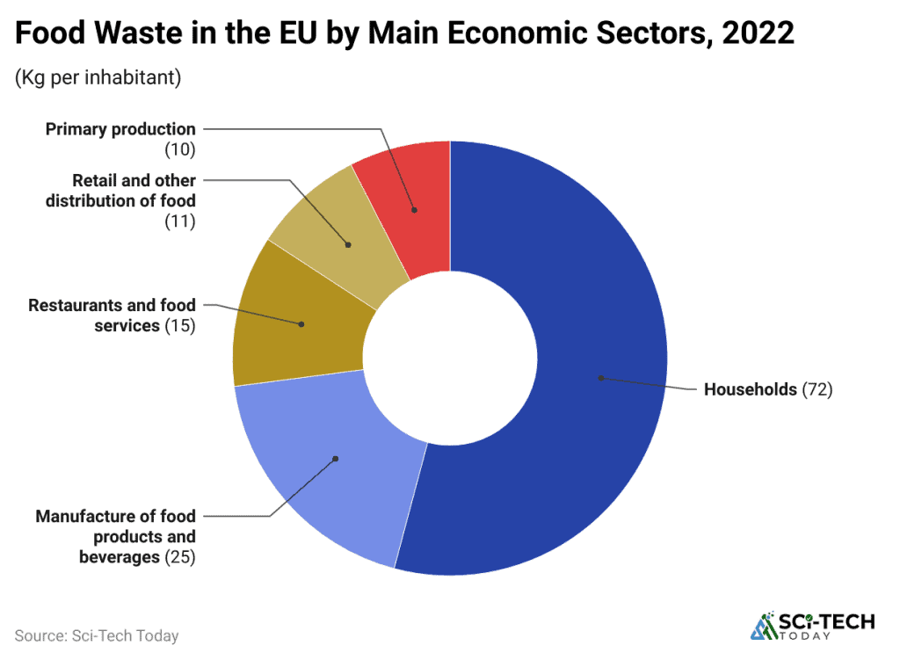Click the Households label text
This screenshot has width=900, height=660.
750,389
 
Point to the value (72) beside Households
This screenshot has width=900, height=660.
817,389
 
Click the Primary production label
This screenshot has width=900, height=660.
120,129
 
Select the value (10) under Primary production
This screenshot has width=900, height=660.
180,149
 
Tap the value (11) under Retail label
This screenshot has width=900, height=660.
180,221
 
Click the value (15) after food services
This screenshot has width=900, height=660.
180,325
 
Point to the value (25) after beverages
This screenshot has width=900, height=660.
180,556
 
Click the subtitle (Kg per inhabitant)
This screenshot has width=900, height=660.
98,77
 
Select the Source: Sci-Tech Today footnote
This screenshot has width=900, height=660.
96,635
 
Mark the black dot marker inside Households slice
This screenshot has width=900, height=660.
601,378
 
